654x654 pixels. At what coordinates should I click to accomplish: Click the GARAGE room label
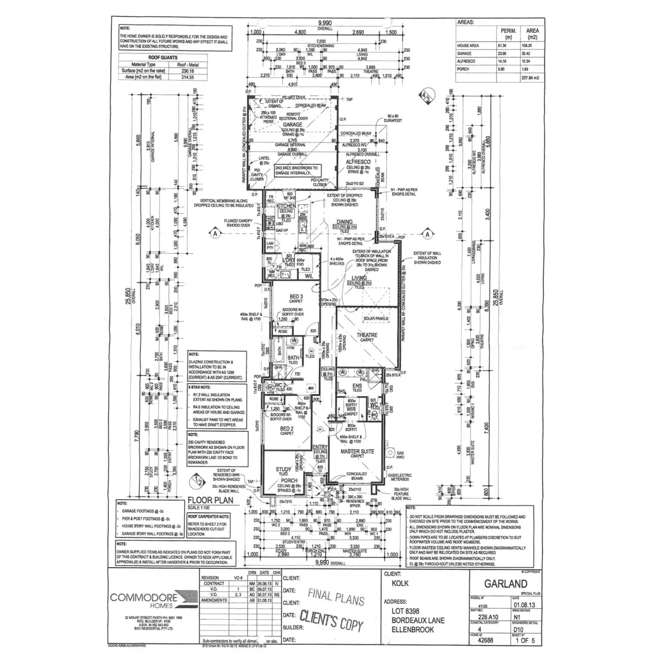pos(292,125)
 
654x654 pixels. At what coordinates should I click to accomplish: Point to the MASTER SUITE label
pos(357,452)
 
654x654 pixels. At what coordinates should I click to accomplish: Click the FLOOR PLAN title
pos(210,499)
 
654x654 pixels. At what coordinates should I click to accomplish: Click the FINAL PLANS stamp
pos(336,598)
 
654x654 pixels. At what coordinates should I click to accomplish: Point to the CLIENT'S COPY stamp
pos(332,622)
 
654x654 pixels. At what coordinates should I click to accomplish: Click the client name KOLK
pos(399,584)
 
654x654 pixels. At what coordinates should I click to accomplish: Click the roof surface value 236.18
pos(187,71)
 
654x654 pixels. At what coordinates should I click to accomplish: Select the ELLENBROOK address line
pos(413,629)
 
